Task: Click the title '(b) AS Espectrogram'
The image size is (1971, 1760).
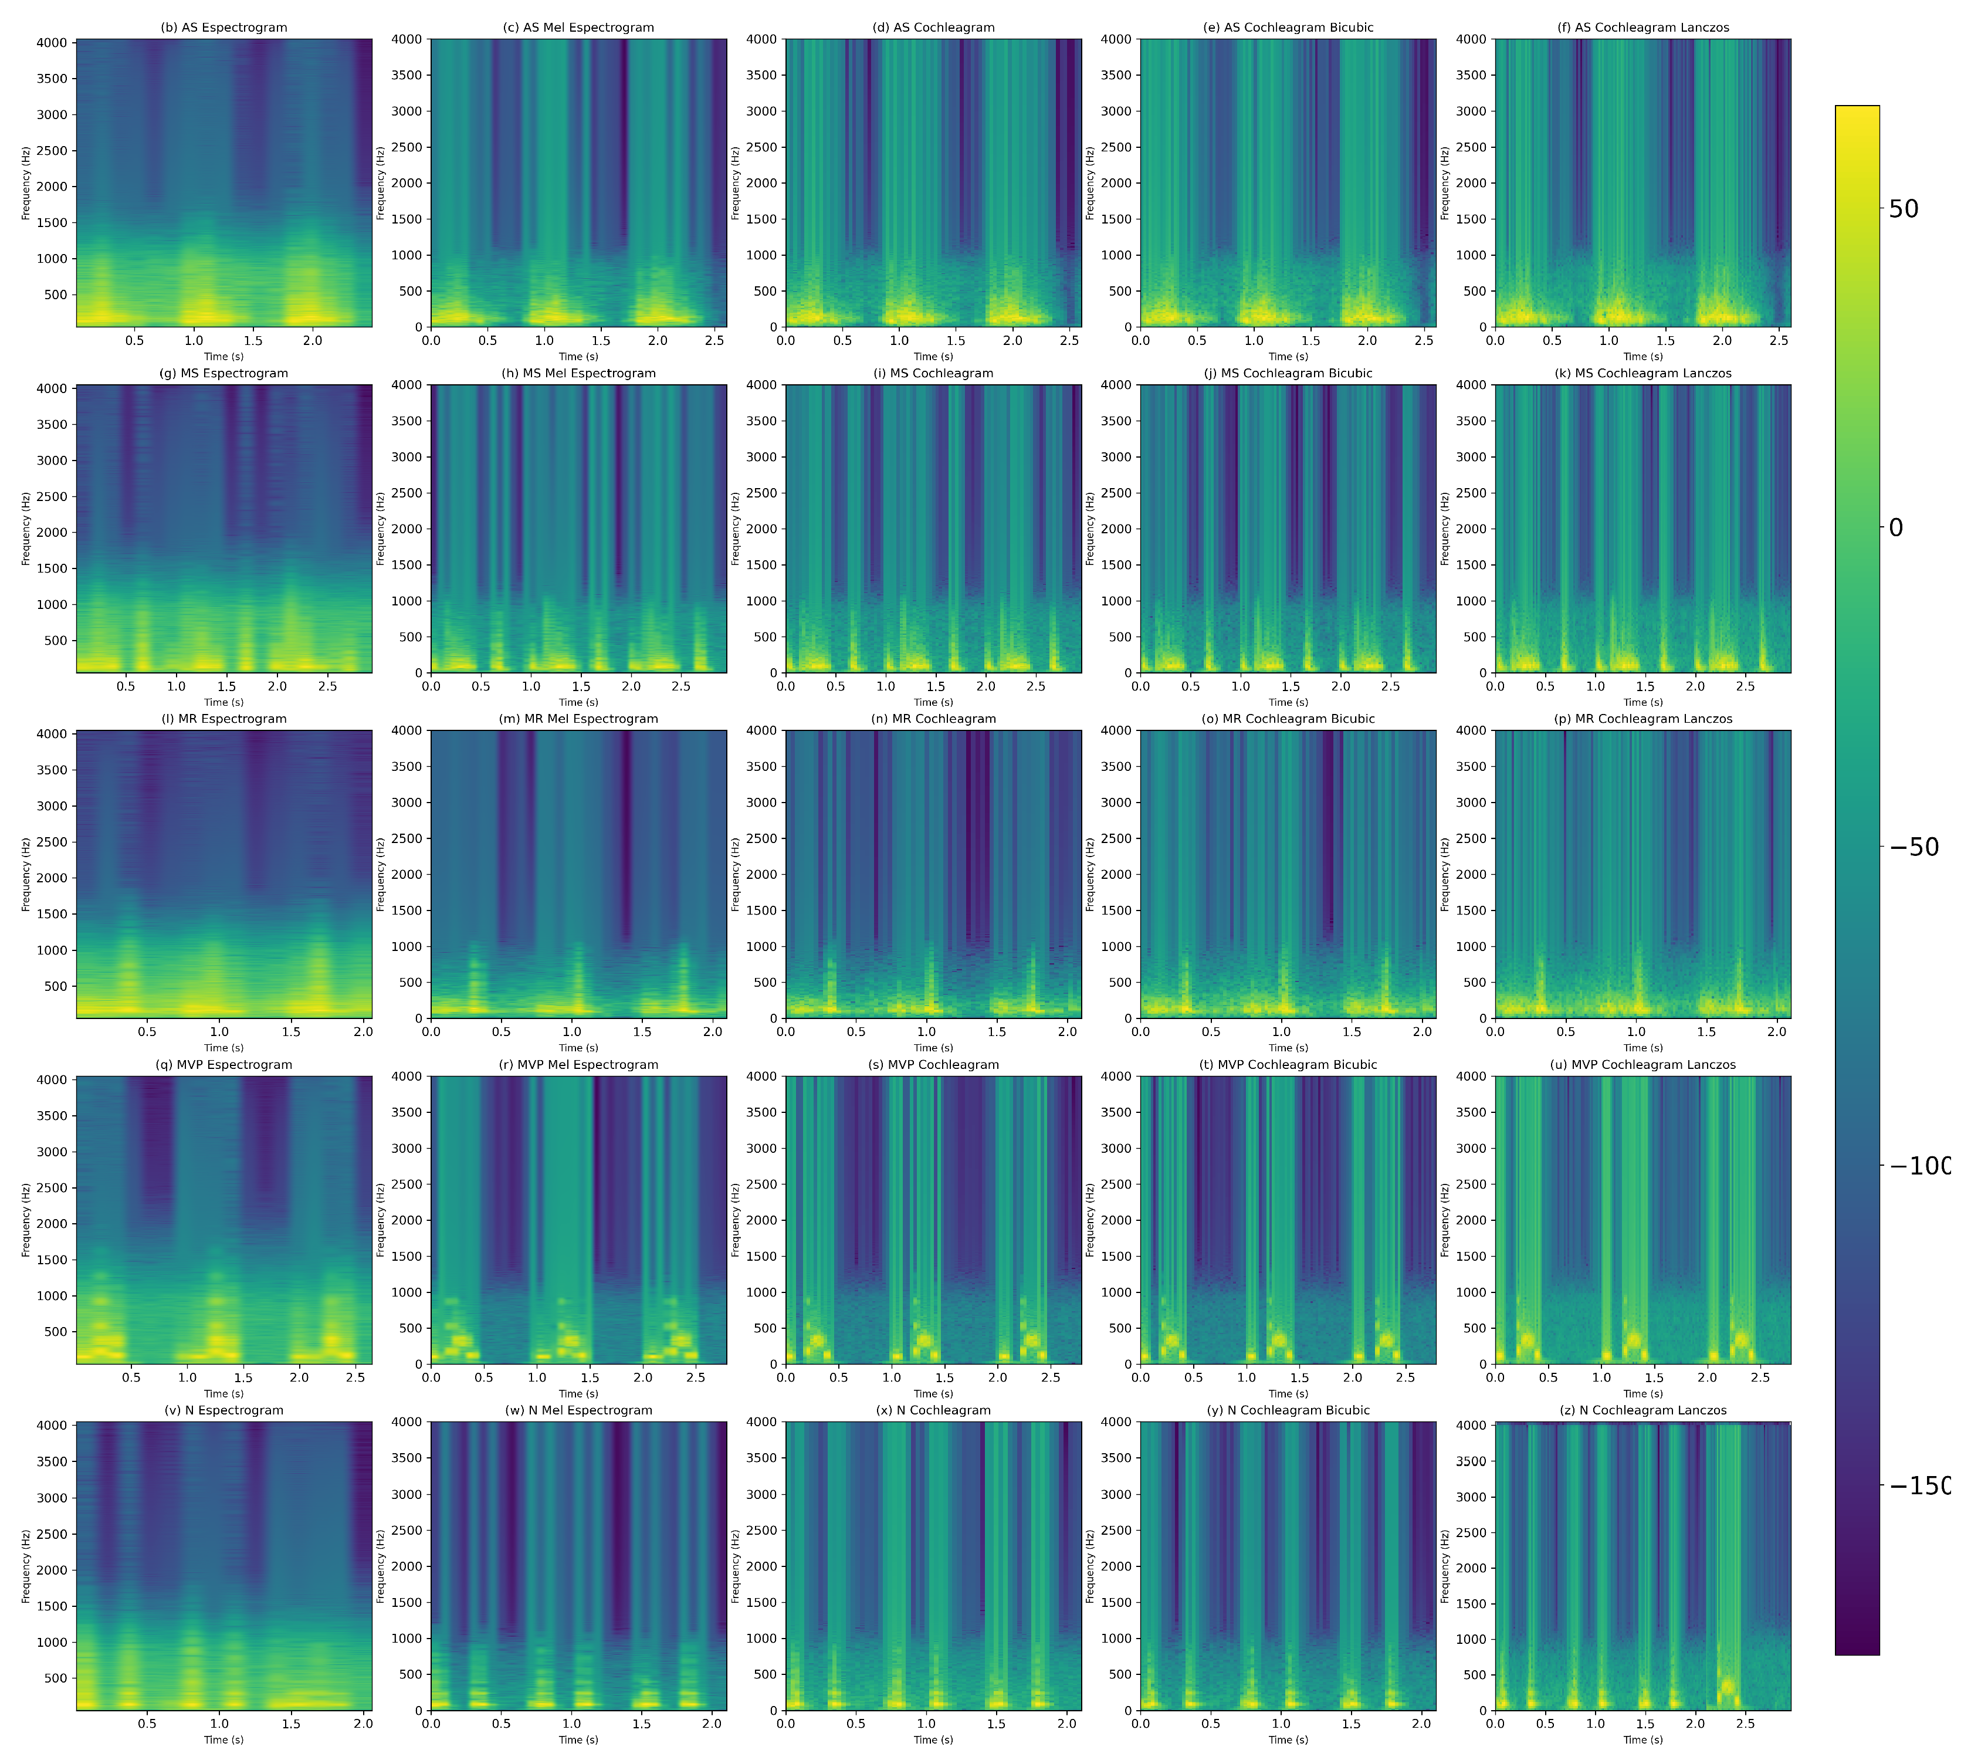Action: pos(223,27)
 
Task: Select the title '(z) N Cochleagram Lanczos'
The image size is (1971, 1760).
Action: pos(1643,1410)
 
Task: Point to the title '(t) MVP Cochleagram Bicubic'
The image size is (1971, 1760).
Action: pos(1288,1065)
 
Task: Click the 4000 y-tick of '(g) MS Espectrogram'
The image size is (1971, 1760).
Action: pos(52,389)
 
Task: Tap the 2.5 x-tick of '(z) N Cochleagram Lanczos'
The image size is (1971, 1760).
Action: pos(1745,1723)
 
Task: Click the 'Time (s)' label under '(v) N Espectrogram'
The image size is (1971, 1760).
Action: pos(223,1739)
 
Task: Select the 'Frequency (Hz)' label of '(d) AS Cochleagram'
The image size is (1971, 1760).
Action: pos(735,183)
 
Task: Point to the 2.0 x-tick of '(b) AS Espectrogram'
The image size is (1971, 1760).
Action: pos(313,340)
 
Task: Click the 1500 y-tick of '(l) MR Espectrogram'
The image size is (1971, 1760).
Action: pos(52,914)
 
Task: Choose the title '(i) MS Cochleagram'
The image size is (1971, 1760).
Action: pos(933,373)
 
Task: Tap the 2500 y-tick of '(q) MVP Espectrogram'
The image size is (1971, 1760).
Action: pos(52,1187)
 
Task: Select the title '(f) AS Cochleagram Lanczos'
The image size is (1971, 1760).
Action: pos(1643,27)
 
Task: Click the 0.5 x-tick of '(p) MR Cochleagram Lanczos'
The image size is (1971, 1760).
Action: pos(1566,1032)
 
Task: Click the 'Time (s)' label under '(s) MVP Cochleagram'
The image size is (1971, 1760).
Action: pos(933,1393)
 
